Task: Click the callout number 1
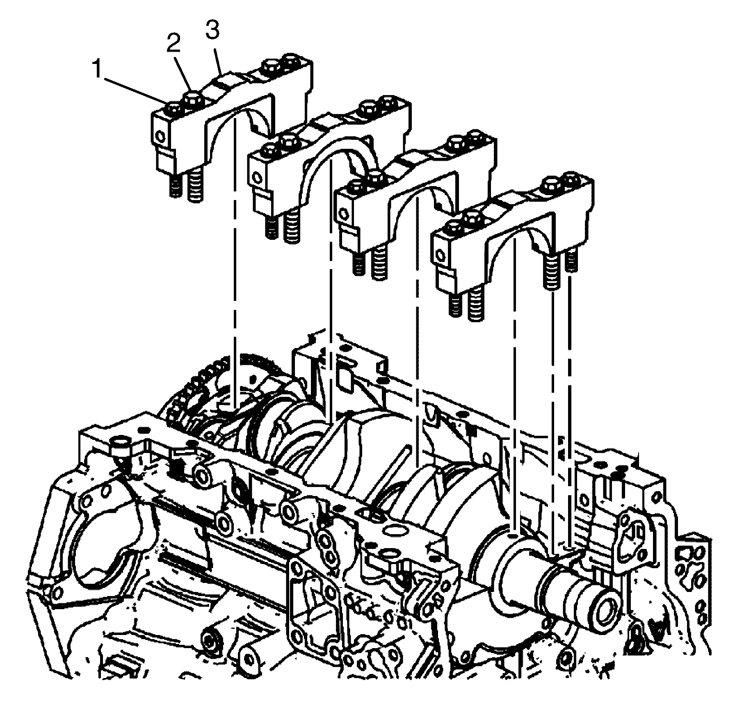coord(97,69)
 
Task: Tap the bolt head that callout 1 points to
coord(174,109)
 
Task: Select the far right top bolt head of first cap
coord(291,59)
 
